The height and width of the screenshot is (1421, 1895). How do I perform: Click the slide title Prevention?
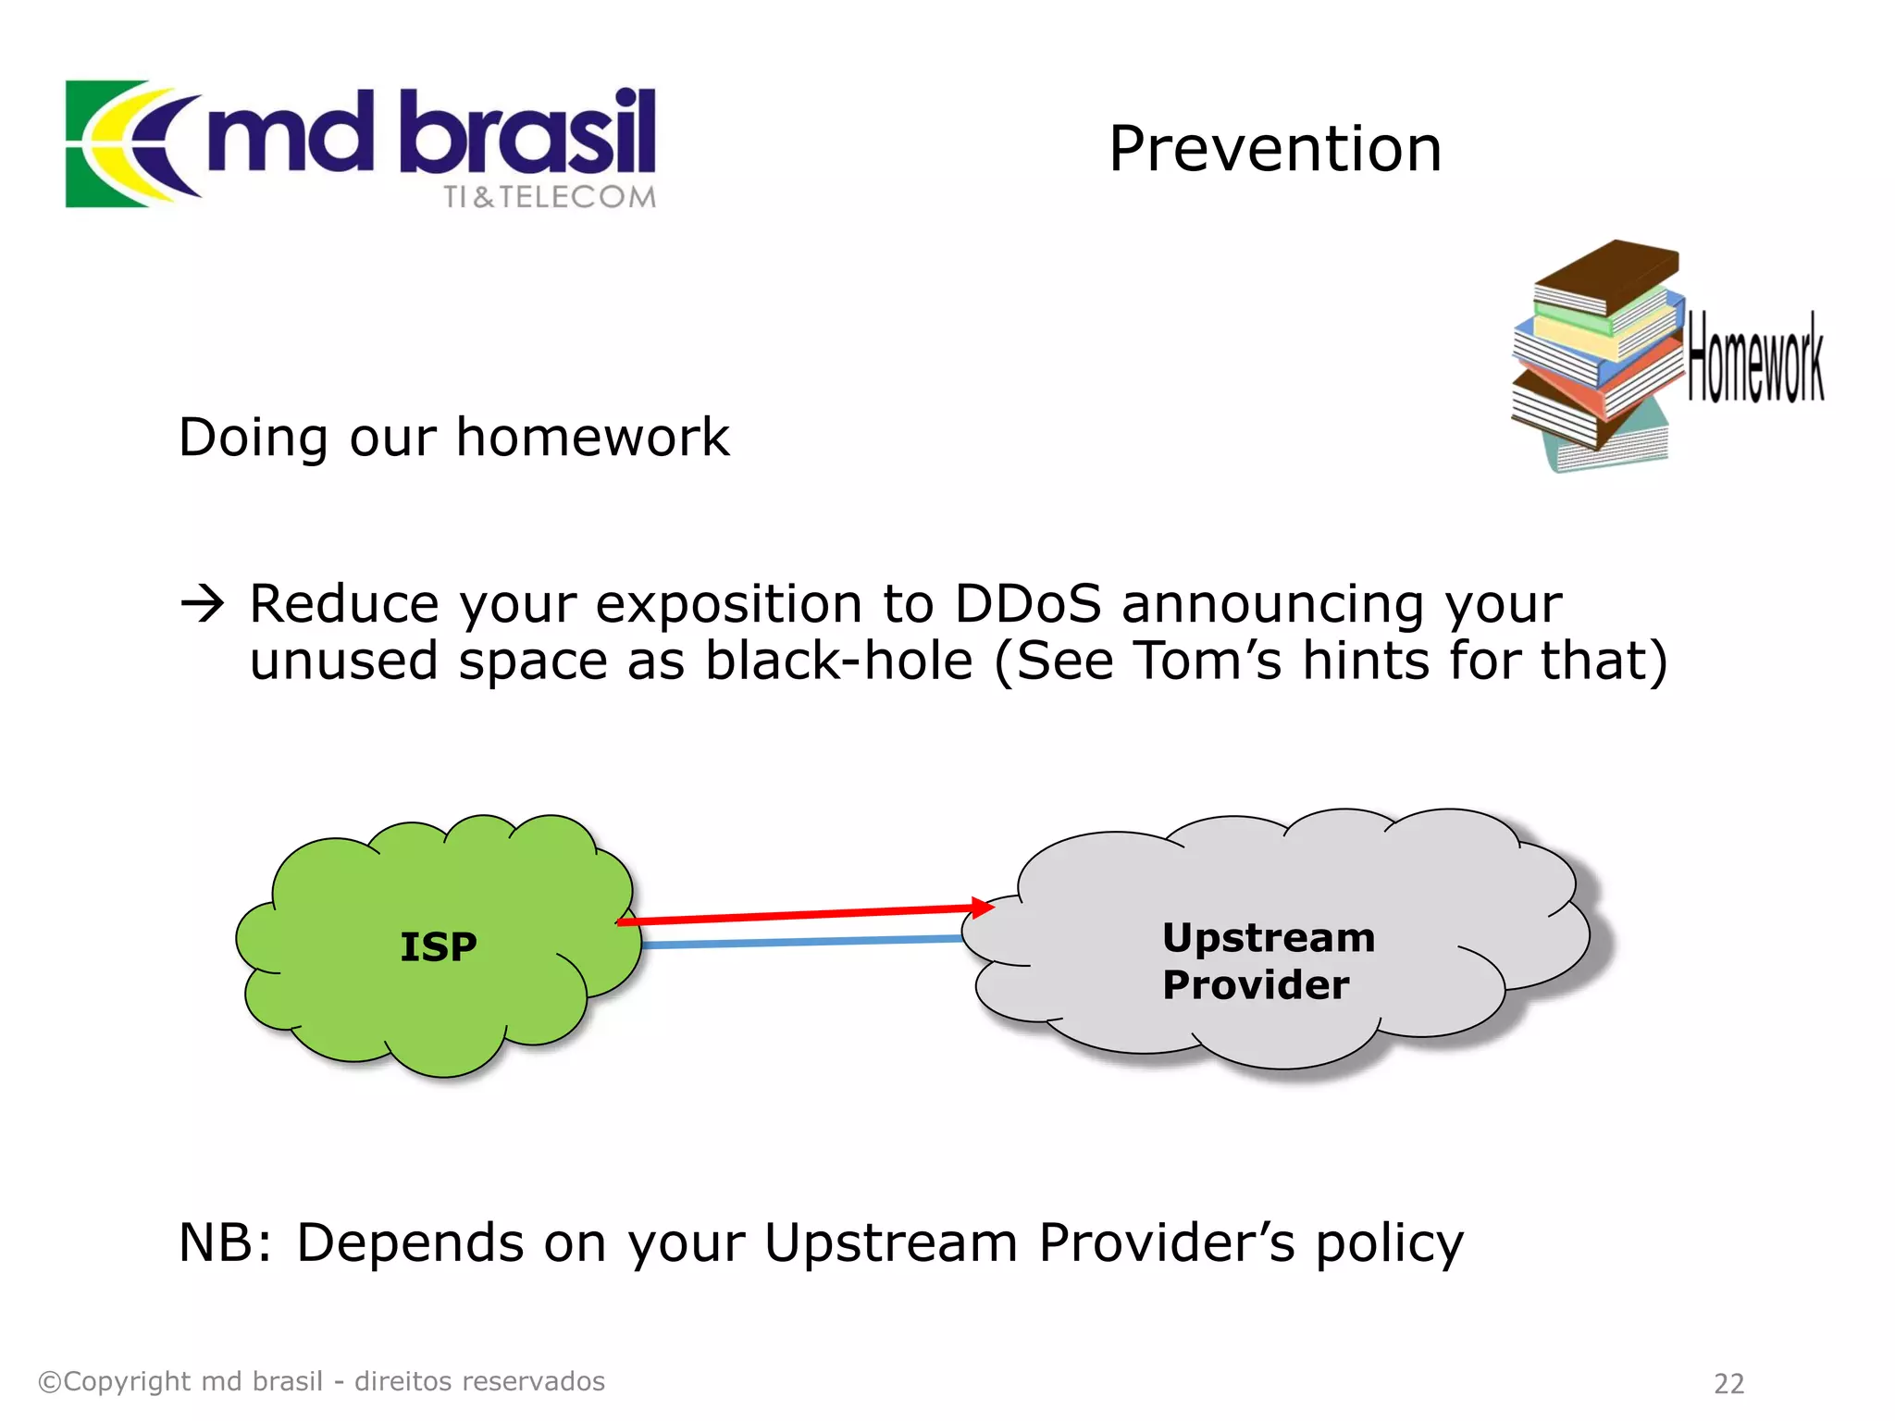pos(1274,149)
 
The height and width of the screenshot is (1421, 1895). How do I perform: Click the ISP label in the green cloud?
pos(438,946)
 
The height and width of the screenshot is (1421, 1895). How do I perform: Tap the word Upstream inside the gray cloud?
pos(1268,938)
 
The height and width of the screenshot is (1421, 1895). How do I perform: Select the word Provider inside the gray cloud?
pos(1255,984)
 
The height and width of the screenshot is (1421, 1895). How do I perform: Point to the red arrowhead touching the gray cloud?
pos(982,908)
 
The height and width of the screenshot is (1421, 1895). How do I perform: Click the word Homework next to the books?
pos(1754,359)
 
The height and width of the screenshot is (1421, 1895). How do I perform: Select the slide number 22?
pos(1728,1383)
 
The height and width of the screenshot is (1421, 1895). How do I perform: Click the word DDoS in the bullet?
pos(1027,604)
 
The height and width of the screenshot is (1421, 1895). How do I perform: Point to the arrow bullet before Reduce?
pos(202,605)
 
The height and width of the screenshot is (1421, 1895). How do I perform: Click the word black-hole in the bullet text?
pos(838,661)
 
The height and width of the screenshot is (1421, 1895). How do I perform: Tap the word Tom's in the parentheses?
pos(1208,661)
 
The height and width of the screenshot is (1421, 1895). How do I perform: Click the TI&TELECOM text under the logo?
pos(549,197)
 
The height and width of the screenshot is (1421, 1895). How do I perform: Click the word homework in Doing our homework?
pos(592,437)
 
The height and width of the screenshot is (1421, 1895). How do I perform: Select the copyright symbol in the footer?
pos(49,1382)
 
